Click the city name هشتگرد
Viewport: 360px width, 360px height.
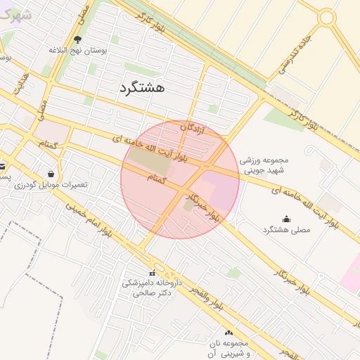pos(138,88)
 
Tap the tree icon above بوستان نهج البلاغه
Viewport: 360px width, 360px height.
pos(77,39)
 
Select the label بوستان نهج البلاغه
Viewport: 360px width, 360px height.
pos(77,51)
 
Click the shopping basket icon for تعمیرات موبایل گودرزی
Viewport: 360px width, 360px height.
pos(51,174)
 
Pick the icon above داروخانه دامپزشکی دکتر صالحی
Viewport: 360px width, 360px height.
pos(152,273)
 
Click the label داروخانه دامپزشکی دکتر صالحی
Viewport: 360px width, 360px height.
pos(152,288)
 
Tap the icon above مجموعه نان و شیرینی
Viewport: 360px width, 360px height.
pos(229,333)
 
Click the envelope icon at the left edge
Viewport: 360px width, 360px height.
pos(2,167)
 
